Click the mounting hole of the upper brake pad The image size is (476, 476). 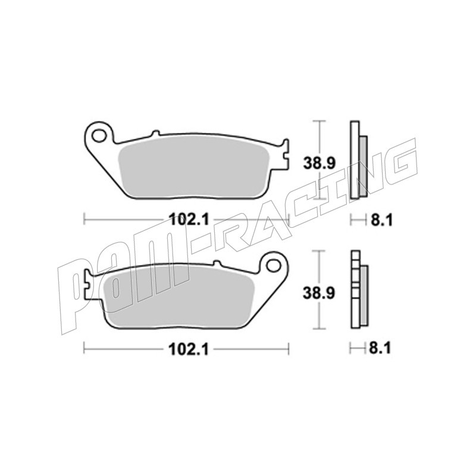click(98, 136)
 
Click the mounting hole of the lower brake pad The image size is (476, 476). click(274, 265)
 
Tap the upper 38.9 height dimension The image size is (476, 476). click(319, 164)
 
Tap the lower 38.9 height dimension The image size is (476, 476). click(319, 293)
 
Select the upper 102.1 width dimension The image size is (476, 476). click(189, 219)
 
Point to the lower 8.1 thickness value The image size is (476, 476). click(380, 349)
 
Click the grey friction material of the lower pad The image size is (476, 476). click(178, 298)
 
